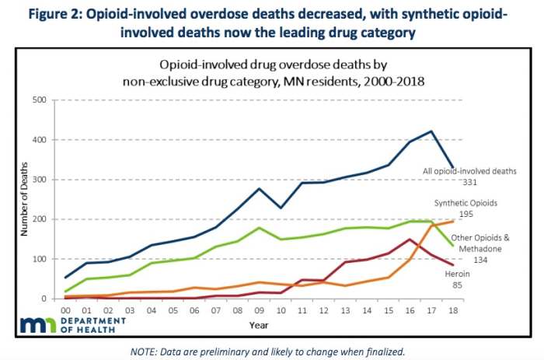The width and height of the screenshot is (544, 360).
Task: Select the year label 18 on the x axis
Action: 453,309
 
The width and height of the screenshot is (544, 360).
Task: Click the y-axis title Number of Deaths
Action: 21,200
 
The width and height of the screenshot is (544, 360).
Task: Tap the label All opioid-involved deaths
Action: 469,170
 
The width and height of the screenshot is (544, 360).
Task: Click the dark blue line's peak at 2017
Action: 431,131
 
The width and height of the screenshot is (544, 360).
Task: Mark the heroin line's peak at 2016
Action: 409,239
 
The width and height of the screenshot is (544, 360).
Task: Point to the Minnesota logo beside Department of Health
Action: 35,324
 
